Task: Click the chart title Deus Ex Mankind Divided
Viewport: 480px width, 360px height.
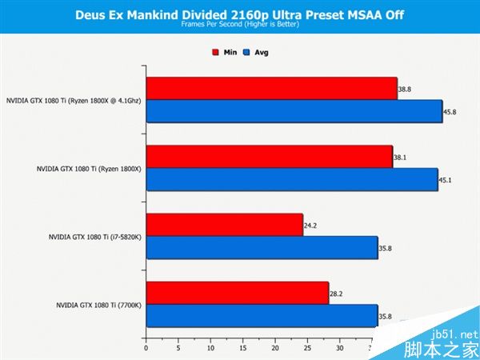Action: [x=239, y=14]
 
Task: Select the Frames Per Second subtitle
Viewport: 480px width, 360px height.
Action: [x=239, y=25]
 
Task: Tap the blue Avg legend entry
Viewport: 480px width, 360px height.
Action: [x=256, y=52]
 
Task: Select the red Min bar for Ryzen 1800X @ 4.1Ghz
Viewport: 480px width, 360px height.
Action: [x=271, y=88]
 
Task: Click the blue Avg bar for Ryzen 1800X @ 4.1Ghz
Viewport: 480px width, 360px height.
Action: [x=294, y=111]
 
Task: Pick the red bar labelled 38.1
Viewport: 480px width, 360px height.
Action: [x=269, y=157]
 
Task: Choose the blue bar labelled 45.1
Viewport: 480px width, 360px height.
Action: [x=291, y=180]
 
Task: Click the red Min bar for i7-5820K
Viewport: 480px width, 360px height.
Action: [x=224, y=226]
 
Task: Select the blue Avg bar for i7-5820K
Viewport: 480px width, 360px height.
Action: [x=262, y=248]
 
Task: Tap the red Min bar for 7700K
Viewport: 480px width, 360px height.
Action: [x=237, y=294]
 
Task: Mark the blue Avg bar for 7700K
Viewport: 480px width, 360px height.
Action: [x=262, y=316]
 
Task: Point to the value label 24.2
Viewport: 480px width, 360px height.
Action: [x=311, y=226]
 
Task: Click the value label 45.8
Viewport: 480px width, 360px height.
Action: [x=449, y=112]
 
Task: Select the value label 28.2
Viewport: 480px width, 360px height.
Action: [x=337, y=294]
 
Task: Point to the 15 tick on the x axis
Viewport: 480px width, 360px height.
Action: [x=242, y=349]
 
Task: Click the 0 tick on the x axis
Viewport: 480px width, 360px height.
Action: [x=146, y=349]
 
